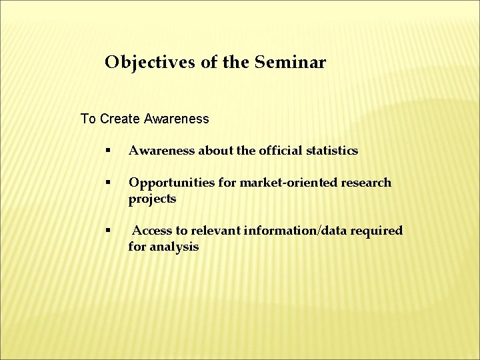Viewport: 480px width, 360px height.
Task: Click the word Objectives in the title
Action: click(x=144, y=63)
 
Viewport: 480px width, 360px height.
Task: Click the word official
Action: click(x=279, y=151)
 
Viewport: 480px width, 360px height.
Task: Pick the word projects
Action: click(x=152, y=199)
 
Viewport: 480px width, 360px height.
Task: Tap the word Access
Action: click(x=152, y=231)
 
